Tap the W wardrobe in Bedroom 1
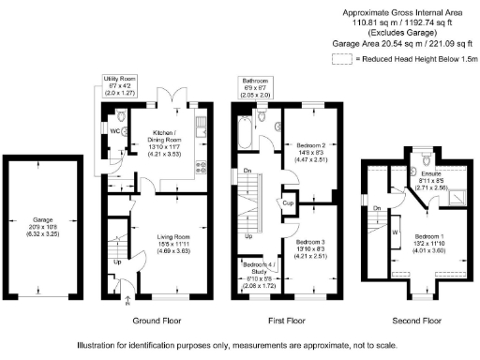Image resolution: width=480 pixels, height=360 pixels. [x=396, y=232]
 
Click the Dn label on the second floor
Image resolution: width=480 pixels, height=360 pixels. [x=376, y=208]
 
